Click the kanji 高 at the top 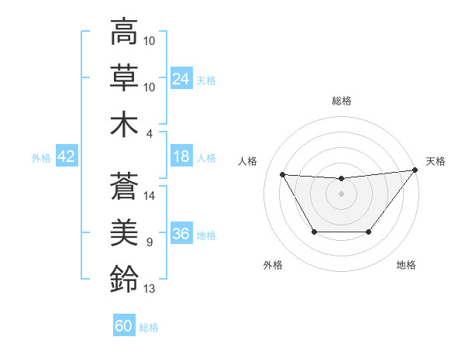coord(124,33)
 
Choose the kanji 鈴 coord(124,278)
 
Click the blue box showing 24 coord(181,78)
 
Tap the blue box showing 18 coord(181,156)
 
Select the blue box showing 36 coord(181,234)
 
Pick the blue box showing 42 coord(66,156)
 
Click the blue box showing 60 coord(124,326)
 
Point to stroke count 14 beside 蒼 coord(150,196)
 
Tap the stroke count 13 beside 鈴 coord(150,289)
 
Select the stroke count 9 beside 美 coord(150,242)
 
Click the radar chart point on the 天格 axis coord(415,170)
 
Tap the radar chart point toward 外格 coord(314,232)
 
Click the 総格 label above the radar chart coord(342,101)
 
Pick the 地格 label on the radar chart coord(406,266)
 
